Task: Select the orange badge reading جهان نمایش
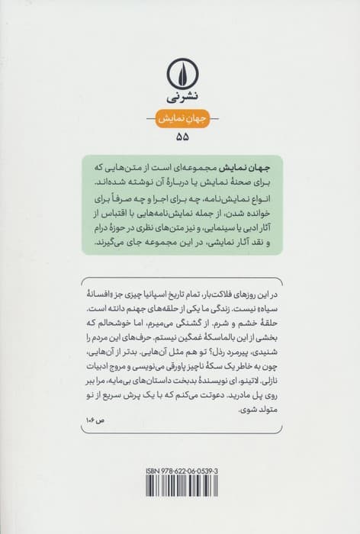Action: (x=180, y=119)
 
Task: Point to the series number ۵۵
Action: (x=180, y=139)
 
